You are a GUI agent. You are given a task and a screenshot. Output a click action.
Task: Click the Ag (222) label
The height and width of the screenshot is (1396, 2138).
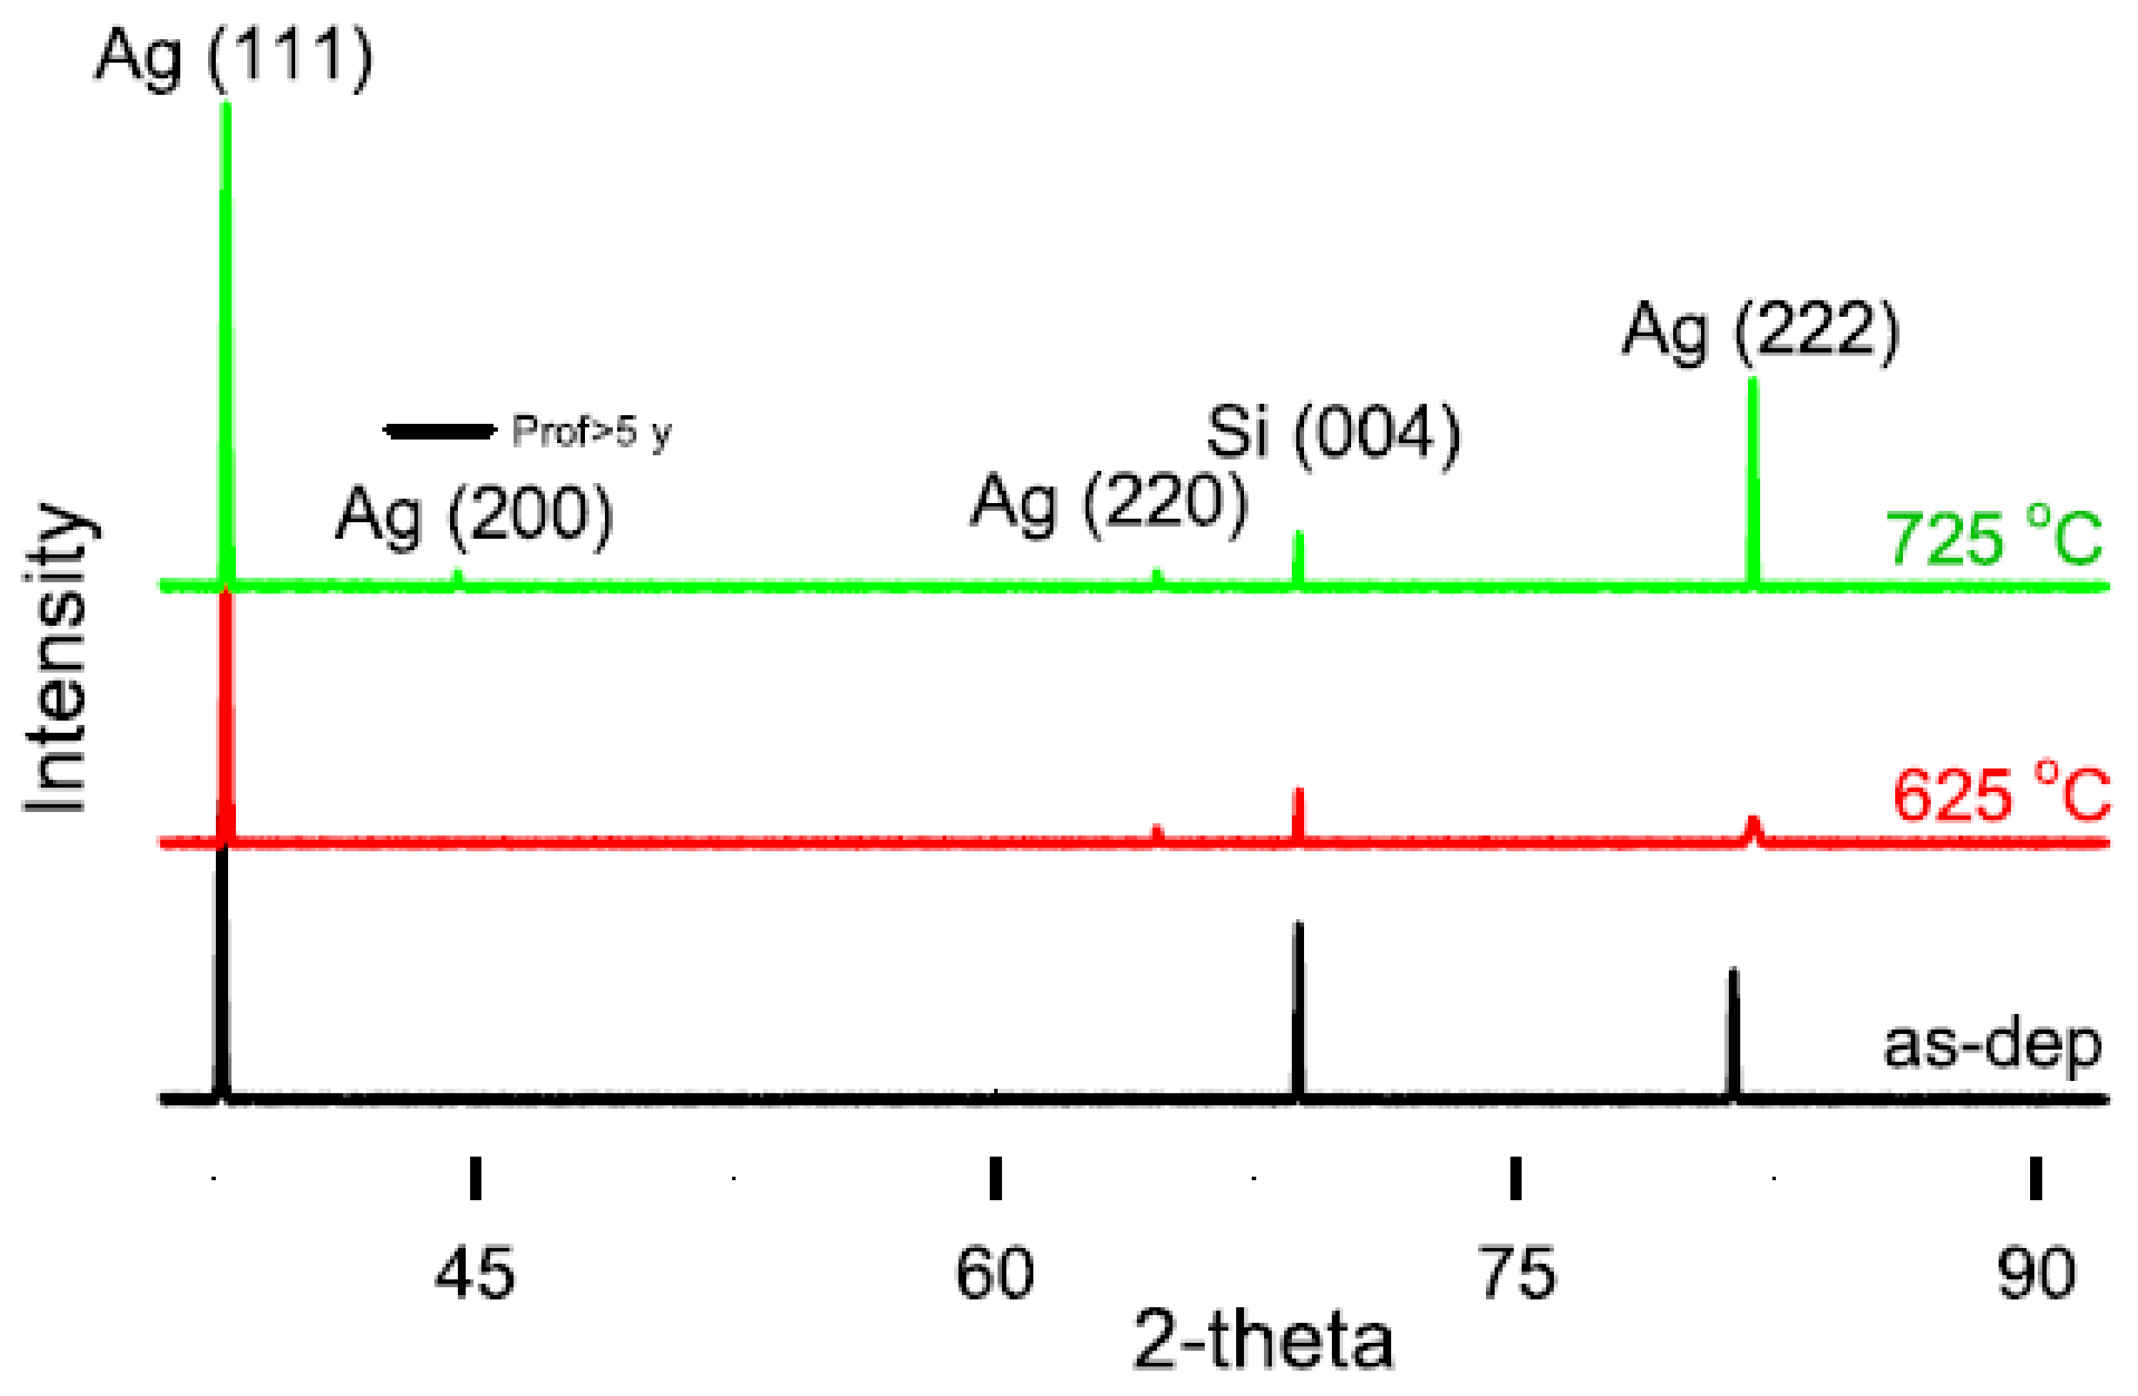pos(1760,332)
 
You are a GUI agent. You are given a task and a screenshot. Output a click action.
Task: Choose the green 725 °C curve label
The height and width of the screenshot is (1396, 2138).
pos(1993,540)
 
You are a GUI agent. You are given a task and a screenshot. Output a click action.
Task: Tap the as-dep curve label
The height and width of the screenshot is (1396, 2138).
pos(1992,1045)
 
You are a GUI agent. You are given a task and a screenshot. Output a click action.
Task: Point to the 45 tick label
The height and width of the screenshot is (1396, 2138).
pos(474,1273)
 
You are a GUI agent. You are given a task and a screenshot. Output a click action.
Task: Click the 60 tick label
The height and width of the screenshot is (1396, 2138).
pos(994,1273)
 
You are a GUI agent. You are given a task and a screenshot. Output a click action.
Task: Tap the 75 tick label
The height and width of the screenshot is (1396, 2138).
pos(1516,1273)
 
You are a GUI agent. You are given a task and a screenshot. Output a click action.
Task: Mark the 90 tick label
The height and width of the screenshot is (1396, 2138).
pos(2035,1273)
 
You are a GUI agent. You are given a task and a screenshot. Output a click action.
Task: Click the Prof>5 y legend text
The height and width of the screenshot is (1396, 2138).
pos(591,432)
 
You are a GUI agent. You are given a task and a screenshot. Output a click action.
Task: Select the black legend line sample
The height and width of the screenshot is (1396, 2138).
pos(440,431)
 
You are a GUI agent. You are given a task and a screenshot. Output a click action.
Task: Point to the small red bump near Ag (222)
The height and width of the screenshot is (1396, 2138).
pos(1752,829)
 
